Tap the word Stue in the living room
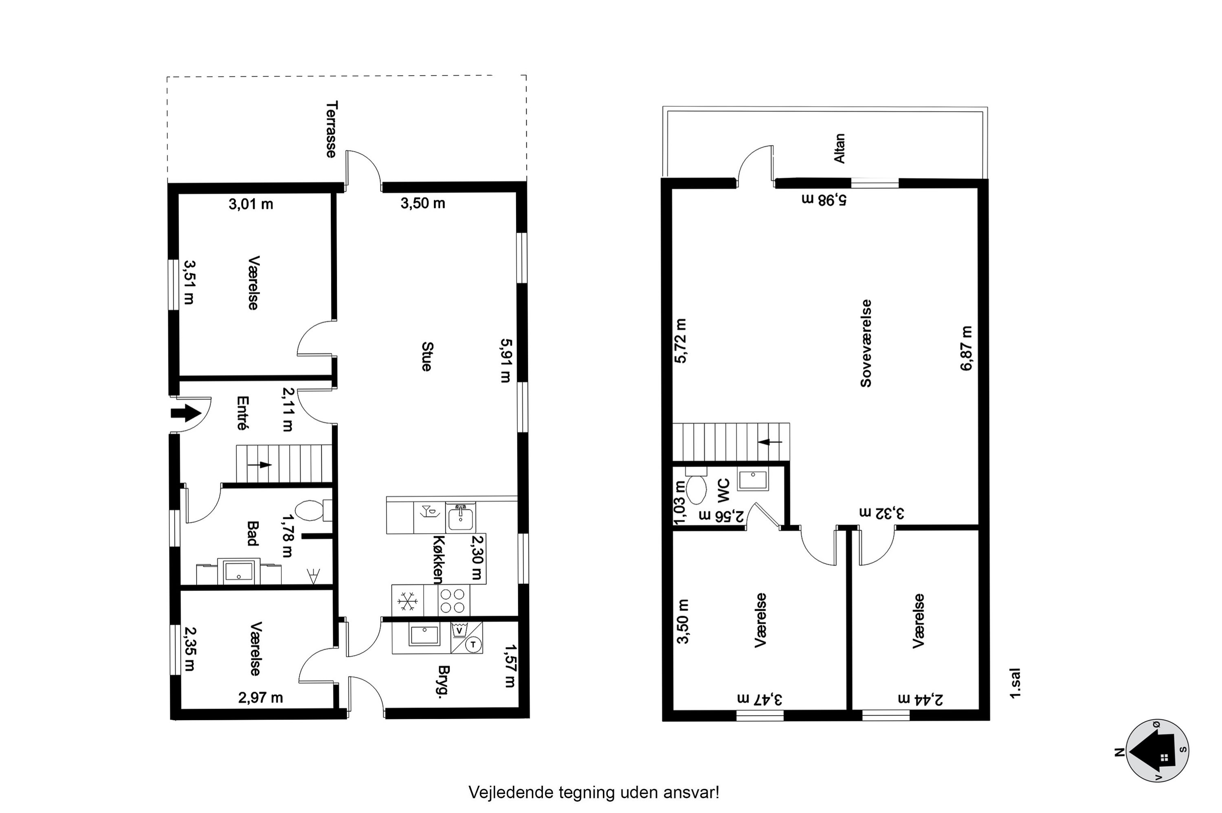tap(426, 356)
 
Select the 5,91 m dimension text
tap(505, 360)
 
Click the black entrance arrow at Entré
tap(186, 413)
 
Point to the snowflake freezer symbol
tap(408, 600)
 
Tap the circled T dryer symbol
tap(473, 644)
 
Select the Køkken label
tap(438, 559)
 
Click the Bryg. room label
tap(444, 680)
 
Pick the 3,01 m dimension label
tap(251, 204)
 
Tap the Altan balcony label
tap(839, 148)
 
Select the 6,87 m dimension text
tap(966, 348)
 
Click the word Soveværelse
tap(866, 343)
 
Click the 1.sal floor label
tap(1015, 684)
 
